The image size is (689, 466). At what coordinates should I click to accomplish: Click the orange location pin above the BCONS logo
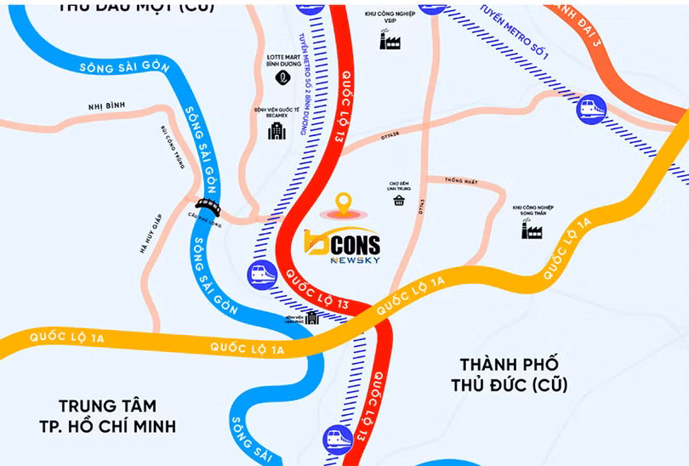pyautogui.click(x=343, y=203)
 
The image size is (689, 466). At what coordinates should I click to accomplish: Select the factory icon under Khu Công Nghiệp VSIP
pyautogui.click(x=390, y=39)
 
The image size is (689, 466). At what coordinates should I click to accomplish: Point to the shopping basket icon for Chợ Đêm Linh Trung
pyautogui.click(x=399, y=201)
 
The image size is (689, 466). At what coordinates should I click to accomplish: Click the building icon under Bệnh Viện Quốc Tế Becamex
pyautogui.click(x=276, y=131)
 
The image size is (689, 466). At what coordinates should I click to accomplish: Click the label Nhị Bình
pyautogui.click(x=106, y=106)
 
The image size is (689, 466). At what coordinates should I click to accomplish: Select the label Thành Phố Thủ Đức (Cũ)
pyautogui.click(x=509, y=373)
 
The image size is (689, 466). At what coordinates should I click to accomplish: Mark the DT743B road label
pyautogui.click(x=390, y=134)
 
